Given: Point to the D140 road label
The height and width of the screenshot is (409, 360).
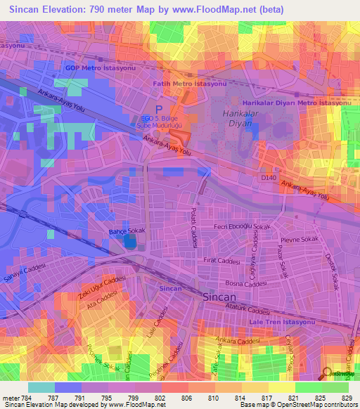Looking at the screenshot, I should [269, 178].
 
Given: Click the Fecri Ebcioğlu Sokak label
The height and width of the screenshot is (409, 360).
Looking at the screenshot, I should [243, 228].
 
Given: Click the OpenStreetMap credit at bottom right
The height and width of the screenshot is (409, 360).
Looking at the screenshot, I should [326, 405].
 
